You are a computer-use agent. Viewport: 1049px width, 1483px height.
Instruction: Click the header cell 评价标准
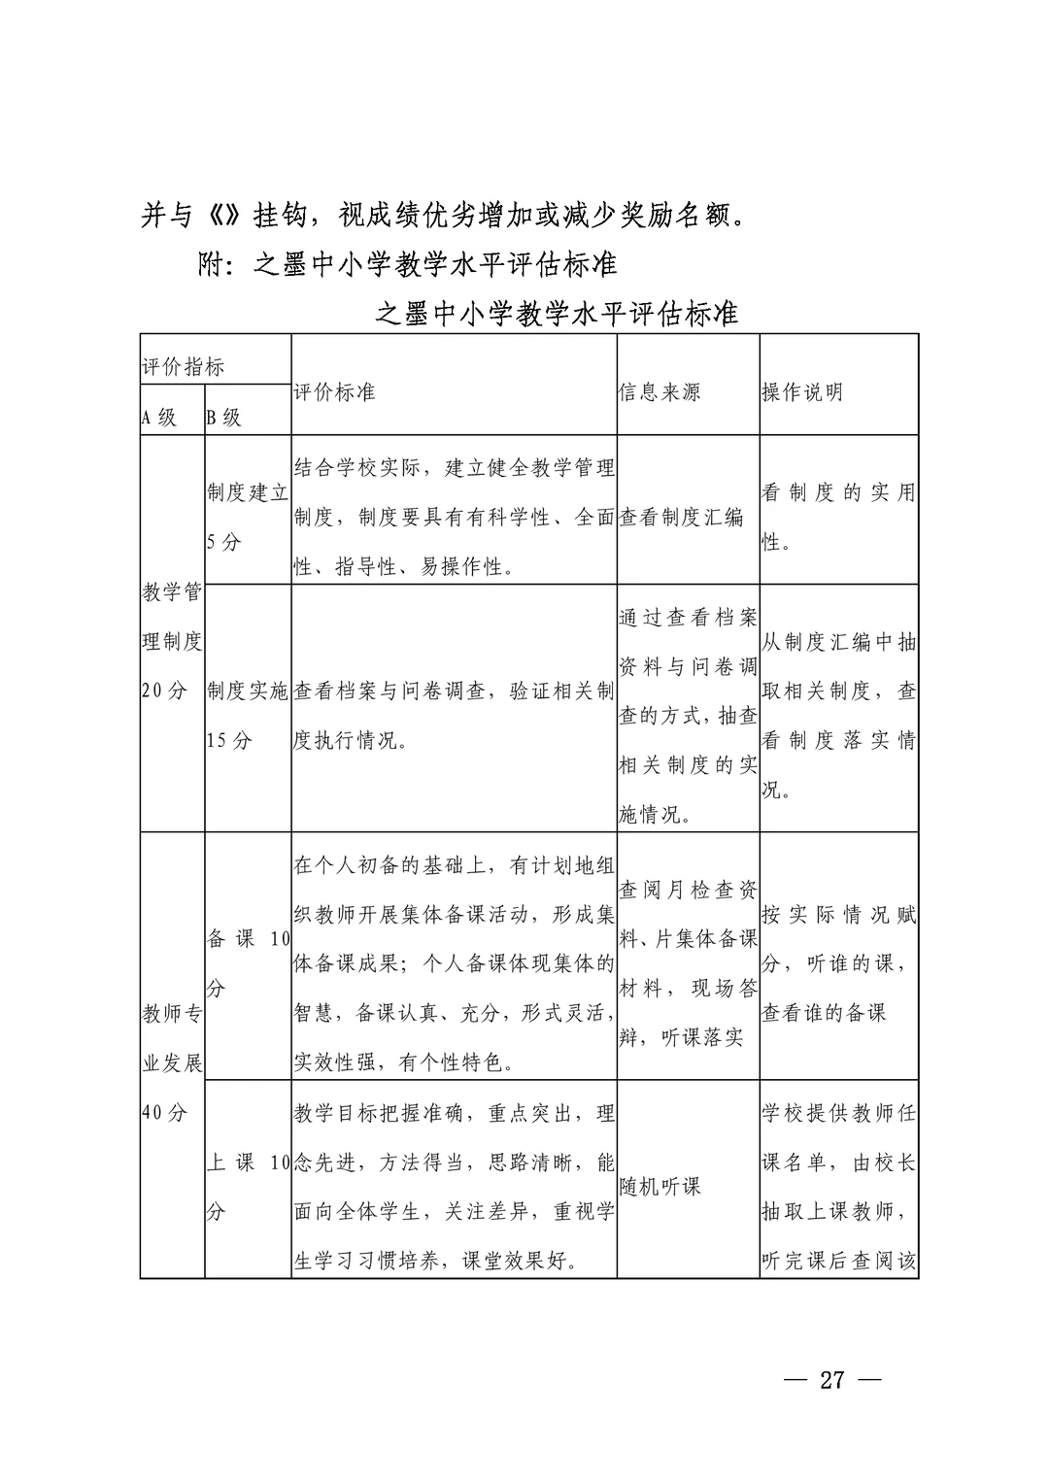point(334,392)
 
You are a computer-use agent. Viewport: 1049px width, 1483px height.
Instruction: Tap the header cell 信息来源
point(660,392)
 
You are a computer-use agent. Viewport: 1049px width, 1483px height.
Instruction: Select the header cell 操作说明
point(802,392)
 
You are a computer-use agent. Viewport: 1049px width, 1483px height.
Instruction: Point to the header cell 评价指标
point(184,367)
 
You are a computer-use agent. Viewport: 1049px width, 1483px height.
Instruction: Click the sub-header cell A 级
point(159,419)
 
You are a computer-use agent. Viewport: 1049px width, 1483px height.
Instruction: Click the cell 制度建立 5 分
point(247,517)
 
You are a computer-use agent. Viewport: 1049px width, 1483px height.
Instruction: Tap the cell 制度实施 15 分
point(247,716)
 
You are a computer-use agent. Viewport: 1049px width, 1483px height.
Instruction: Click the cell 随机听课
point(660,1187)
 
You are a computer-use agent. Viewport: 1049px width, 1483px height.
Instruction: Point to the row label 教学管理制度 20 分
point(172,641)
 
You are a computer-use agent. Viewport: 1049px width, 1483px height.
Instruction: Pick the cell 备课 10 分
point(248,963)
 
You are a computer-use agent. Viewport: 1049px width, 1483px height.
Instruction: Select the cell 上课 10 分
point(248,1187)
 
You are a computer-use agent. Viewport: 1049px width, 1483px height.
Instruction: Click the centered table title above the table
point(557,314)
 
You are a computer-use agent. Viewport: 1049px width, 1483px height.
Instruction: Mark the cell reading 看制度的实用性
point(838,517)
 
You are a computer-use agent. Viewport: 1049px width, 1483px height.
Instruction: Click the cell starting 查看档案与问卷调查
point(453,716)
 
